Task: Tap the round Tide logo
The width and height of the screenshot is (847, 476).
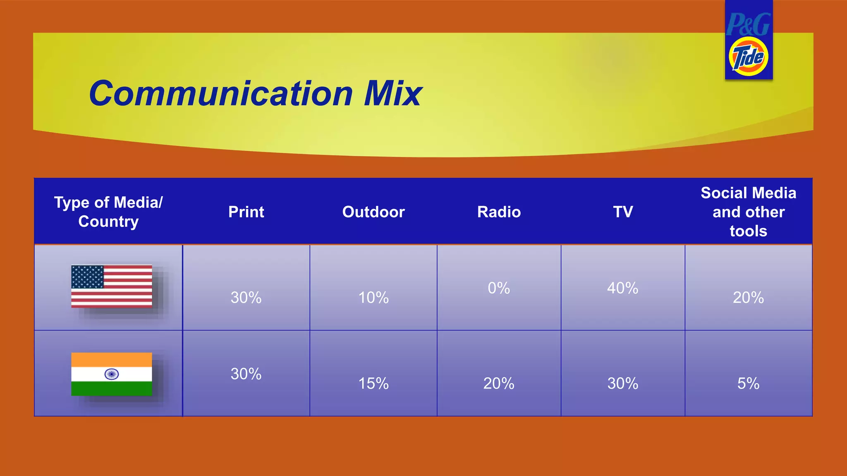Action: coord(748,57)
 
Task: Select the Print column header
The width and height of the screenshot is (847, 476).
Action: coord(246,212)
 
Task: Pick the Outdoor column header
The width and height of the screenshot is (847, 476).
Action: coord(373,212)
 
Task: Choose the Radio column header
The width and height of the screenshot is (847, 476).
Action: coord(499,212)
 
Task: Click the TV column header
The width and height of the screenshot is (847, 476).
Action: coord(623,212)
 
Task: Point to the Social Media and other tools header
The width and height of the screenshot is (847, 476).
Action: coord(748,212)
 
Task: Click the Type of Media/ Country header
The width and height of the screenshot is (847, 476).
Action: coord(108,212)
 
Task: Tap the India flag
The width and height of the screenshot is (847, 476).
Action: coord(112,374)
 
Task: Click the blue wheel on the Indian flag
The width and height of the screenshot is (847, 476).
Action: coord(112,374)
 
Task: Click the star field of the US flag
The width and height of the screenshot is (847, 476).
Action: coord(87,276)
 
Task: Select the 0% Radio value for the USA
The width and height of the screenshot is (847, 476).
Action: coord(499,288)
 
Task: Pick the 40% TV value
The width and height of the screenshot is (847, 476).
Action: coord(622,288)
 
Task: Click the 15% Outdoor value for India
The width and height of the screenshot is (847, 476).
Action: coord(373,383)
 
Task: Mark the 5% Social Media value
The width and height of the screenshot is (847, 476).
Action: coord(748,383)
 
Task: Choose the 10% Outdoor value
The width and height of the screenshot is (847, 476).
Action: coord(373,297)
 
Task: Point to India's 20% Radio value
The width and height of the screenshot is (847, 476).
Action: coord(499,383)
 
